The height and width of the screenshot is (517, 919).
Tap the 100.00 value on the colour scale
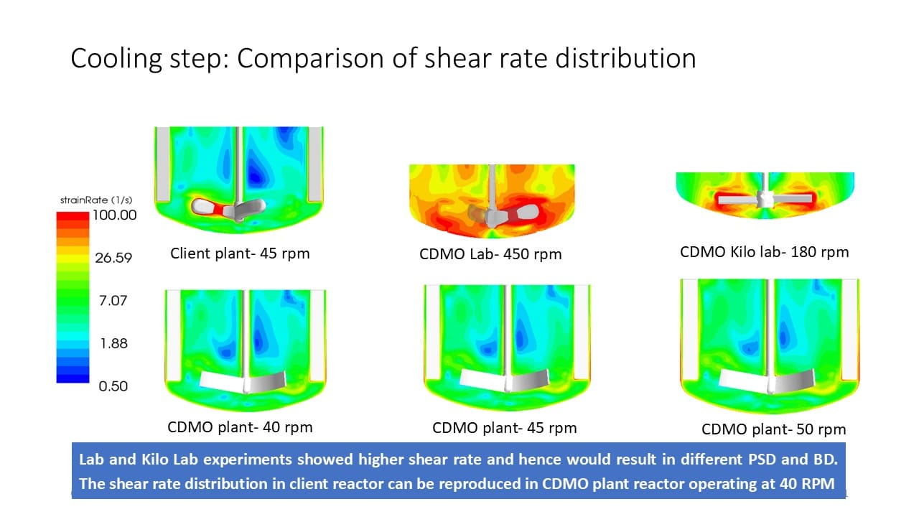pos(115,215)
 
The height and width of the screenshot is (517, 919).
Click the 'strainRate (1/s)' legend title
pos(95,200)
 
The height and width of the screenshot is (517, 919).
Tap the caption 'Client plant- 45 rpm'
pos(240,253)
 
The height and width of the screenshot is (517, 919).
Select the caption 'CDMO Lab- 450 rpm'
pos(490,254)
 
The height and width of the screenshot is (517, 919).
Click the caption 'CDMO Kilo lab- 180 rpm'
pos(764,252)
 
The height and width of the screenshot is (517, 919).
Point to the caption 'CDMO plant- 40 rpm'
pos(240,427)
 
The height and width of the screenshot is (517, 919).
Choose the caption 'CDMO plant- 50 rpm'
pos(773,429)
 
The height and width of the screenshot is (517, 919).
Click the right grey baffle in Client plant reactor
pos(316,164)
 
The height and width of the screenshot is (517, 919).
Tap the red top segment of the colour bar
pos(73,215)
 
